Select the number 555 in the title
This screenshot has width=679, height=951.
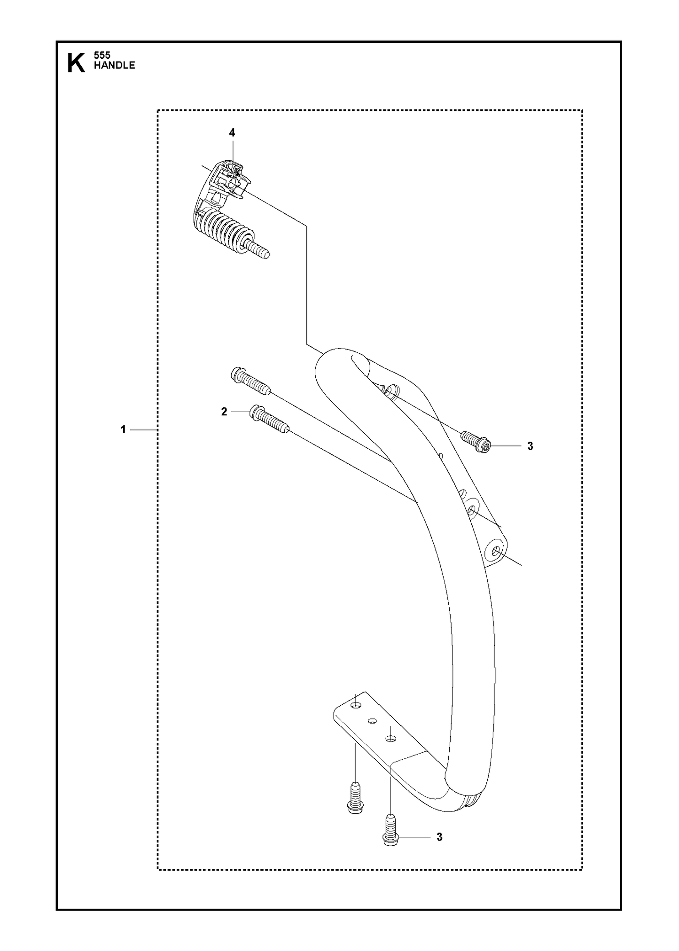[102, 55]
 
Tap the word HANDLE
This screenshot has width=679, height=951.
[114, 65]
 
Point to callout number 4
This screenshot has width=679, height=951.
[232, 133]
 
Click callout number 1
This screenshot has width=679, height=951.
[123, 429]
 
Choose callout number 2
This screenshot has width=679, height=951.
[224, 412]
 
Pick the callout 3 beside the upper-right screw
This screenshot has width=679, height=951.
[530, 446]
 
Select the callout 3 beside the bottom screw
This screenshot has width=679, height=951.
[439, 837]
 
